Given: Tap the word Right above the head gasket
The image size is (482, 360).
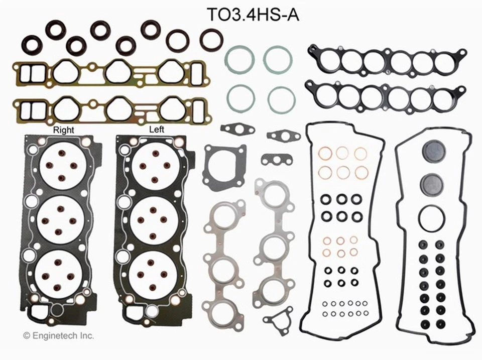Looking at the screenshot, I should pos(63,130).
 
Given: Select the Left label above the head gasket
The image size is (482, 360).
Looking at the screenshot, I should pos(157,129).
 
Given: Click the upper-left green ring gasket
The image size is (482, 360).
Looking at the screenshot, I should pos(239,59).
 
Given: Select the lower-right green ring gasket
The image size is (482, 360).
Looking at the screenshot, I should pos(281,98).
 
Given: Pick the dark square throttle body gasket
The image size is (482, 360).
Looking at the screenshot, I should pos(224,165).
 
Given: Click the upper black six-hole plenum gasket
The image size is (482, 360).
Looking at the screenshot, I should pos(387,61).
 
